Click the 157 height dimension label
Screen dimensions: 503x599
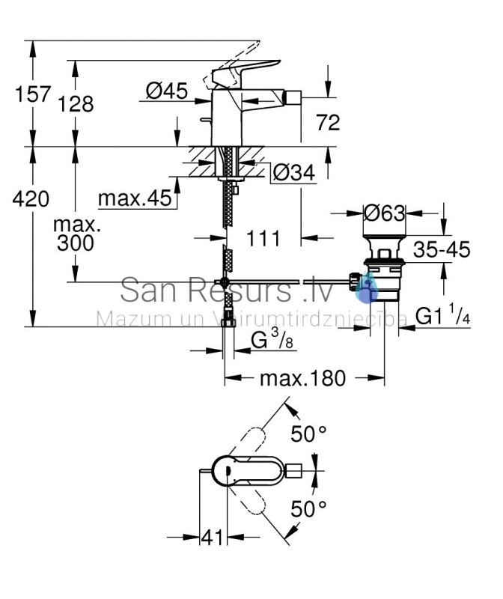tap(33, 94)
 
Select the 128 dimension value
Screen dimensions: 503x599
tap(76, 104)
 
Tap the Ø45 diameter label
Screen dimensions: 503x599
tap(167, 91)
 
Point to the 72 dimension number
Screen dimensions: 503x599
tap(328, 123)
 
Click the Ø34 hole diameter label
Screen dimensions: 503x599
tap(294, 172)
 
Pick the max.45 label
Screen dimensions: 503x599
tap(135, 198)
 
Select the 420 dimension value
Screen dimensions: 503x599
tap(31, 199)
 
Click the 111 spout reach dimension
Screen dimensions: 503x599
tap(263, 239)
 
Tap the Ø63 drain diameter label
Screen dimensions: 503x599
tap(384, 213)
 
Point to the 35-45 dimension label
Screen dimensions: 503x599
tap(442, 249)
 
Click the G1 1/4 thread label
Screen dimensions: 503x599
tap(443, 314)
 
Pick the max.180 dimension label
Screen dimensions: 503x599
tap(302, 378)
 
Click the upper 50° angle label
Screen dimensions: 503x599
tap(308, 434)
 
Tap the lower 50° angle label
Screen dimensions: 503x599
tap(308, 508)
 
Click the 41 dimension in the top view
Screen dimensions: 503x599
tap(213, 538)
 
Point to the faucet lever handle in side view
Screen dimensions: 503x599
tap(245, 70)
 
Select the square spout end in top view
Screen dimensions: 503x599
tap(294, 471)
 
